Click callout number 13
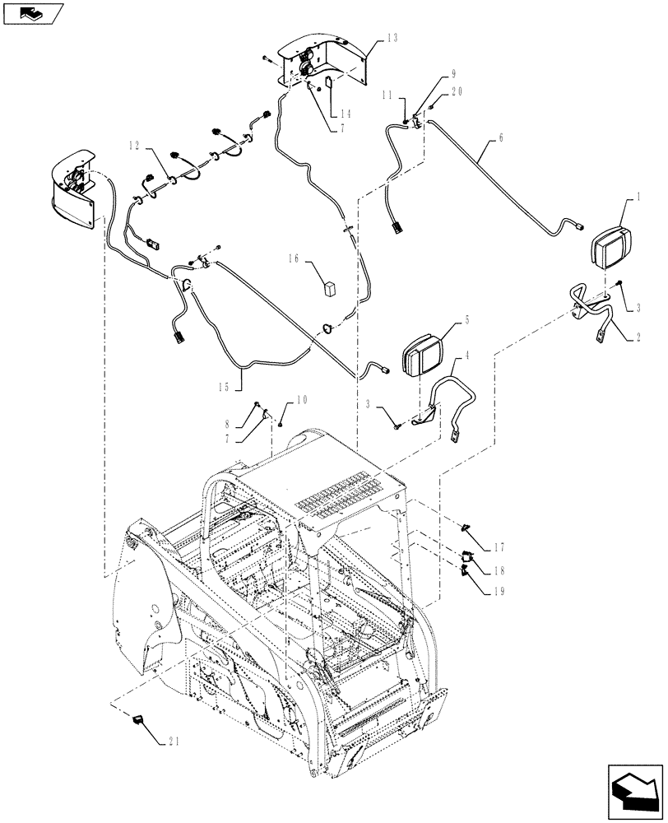[x=391, y=39]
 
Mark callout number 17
[x=500, y=546]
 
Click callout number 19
[x=500, y=591]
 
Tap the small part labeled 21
[x=138, y=723]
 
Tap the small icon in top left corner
[x=34, y=14]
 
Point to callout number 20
[x=457, y=92]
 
